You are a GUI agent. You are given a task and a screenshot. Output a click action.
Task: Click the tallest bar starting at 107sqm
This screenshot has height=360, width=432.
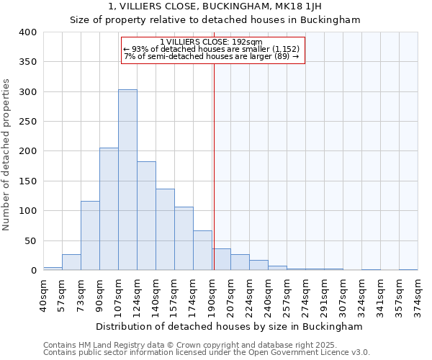coord(127,180)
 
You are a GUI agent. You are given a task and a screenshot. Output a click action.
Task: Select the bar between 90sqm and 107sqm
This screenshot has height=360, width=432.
coord(109,209)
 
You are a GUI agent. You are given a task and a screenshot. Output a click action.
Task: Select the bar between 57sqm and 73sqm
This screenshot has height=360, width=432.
coord(71,262)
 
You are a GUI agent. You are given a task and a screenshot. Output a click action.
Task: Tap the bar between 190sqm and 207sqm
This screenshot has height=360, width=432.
coord(221,260)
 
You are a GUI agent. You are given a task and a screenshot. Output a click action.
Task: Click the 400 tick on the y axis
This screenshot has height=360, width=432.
coord(27,32)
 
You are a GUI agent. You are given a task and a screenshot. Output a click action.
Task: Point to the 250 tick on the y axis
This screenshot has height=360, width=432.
coord(27,122)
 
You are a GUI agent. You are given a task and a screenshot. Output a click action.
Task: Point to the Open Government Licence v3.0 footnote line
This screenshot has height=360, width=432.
coord(207,353)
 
